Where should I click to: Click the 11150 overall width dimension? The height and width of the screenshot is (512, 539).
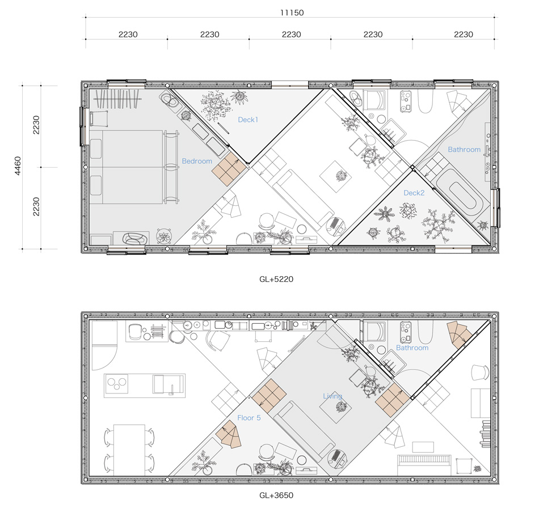(x=292, y=12)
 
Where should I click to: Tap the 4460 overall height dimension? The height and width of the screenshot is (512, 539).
(x=18, y=166)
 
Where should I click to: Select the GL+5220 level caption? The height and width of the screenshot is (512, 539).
(x=276, y=279)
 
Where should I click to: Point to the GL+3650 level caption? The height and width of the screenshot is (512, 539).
(x=276, y=495)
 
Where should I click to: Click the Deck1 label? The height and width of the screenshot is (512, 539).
(x=248, y=120)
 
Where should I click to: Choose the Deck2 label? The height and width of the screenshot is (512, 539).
(x=414, y=193)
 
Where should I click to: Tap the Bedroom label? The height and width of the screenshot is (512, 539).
(x=197, y=161)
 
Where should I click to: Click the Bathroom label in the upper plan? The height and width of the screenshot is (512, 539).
(x=464, y=150)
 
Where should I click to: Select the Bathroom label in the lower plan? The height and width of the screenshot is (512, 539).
(x=412, y=348)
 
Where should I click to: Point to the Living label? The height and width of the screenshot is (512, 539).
(x=332, y=396)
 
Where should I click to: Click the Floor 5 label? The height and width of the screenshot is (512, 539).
(x=249, y=418)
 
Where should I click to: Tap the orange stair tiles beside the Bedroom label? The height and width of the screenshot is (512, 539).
(x=229, y=169)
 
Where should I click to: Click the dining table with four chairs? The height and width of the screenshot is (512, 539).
(x=129, y=450)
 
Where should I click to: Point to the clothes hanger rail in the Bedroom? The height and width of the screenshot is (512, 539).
(x=117, y=99)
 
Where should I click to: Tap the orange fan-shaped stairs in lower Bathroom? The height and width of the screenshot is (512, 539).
(x=459, y=335)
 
